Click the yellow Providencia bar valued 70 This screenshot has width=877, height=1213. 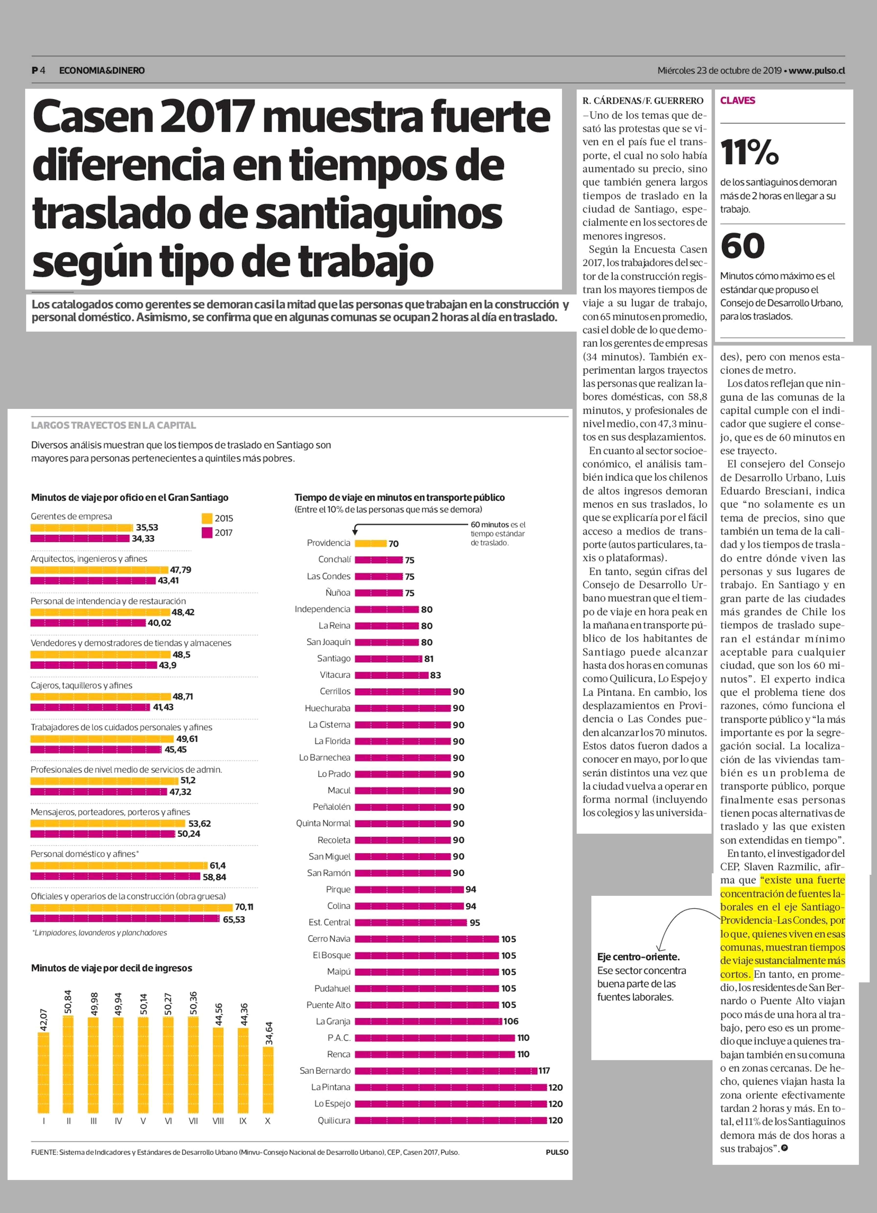(370, 543)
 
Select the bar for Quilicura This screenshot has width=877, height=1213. (451, 1120)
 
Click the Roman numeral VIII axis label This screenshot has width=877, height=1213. (218, 1121)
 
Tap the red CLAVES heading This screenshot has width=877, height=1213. (737, 101)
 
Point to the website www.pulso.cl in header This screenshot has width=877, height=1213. (817, 71)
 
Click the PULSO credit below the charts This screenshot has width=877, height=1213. (557, 1152)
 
